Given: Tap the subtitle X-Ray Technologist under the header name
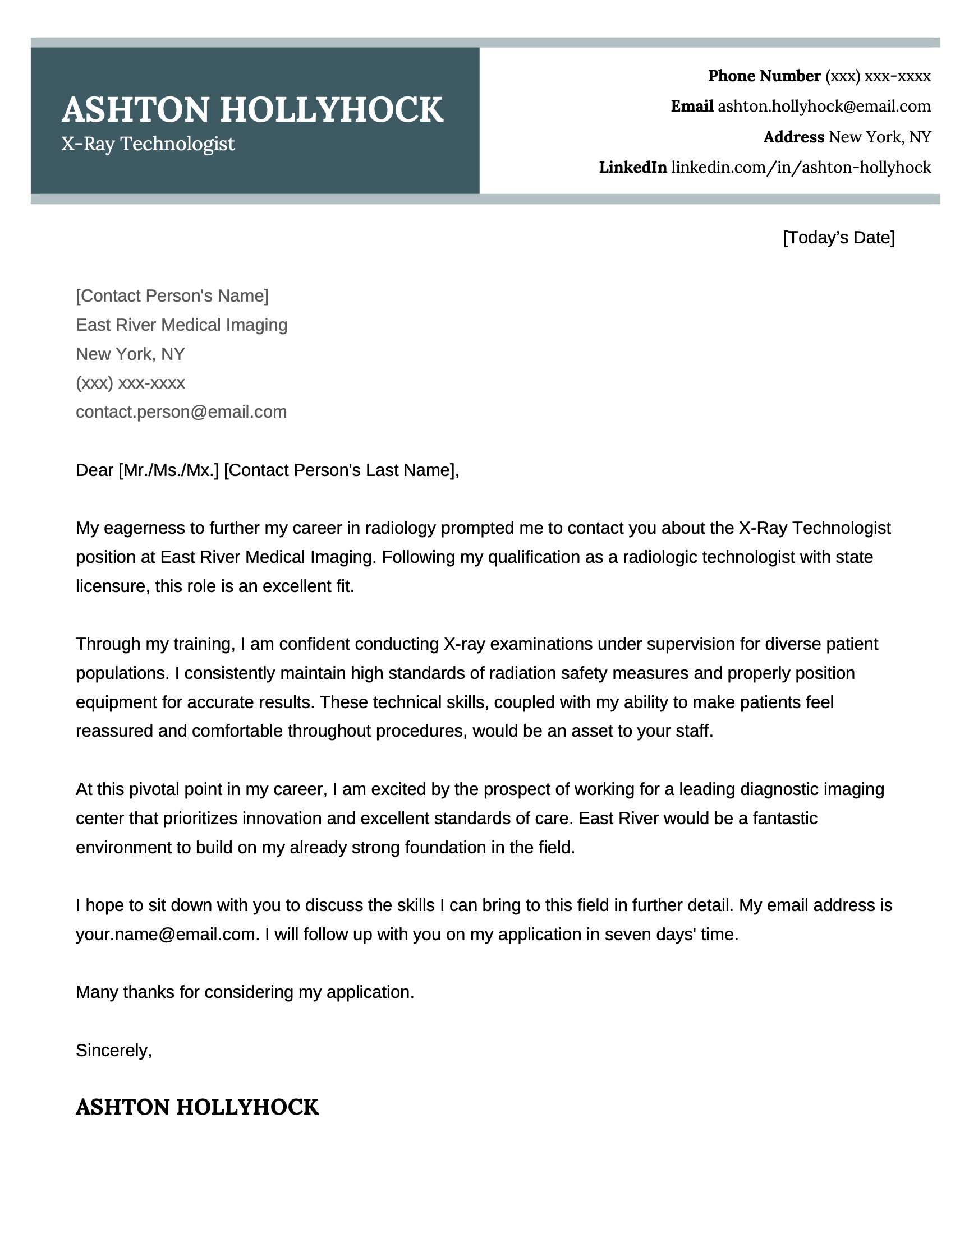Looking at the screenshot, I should pyautogui.click(x=148, y=144).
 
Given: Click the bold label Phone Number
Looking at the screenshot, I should pyautogui.click(x=764, y=76).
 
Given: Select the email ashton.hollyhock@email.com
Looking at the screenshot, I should pyautogui.click(x=824, y=106).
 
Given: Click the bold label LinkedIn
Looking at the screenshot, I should pyautogui.click(x=632, y=168).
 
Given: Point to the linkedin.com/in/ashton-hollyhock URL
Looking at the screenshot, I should pyautogui.click(x=801, y=168).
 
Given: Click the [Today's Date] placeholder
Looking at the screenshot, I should pyautogui.click(x=838, y=238).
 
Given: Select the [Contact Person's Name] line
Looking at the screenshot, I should pyautogui.click(x=172, y=295).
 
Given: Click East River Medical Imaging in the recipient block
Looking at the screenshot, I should pyautogui.click(x=181, y=325).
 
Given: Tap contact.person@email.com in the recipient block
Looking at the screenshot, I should pyautogui.click(x=181, y=412).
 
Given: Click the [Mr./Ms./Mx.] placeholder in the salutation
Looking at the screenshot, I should pyautogui.click(x=169, y=470).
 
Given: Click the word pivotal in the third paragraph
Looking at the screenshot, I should pyautogui.click(x=154, y=789).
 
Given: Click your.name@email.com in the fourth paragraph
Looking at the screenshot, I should pyautogui.click(x=166, y=934).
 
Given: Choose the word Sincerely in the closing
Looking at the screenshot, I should pyautogui.click(x=113, y=1050).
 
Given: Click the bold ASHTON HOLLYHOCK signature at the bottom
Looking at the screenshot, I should pyautogui.click(x=197, y=1107).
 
